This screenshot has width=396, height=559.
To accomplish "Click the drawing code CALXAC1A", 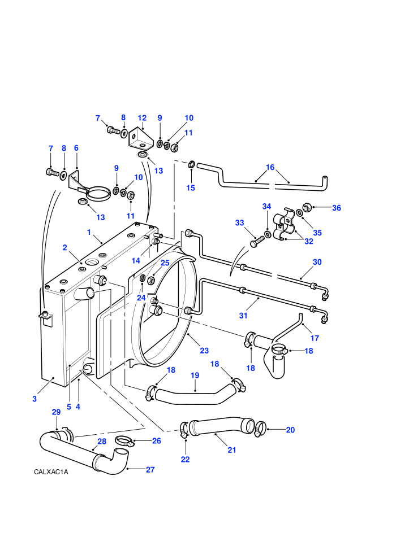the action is click(x=51, y=472).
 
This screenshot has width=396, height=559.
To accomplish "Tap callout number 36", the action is click(x=337, y=208).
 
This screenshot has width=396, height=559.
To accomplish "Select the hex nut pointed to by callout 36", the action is click(x=307, y=207).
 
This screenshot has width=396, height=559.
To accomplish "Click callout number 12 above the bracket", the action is click(x=142, y=118).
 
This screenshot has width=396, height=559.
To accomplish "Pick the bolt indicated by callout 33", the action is click(x=256, y=241).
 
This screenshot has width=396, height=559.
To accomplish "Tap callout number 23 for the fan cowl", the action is click(x=204, y=351).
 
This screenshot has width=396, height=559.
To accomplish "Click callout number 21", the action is click(x=232, y=450).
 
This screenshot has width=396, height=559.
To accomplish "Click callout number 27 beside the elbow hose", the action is click(x=150, y=470).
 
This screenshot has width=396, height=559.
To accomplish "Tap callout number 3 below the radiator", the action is click(x=35, y=399).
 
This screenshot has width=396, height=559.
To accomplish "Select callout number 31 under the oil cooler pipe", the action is click(x=243, y=316).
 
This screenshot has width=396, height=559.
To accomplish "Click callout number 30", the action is click(x=317, y=262).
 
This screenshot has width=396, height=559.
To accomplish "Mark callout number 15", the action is click(x=191, y=188).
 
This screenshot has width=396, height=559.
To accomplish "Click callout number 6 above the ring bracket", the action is click(x=76, y=148).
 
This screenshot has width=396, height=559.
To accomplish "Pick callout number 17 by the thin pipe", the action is click(x=315, y=338).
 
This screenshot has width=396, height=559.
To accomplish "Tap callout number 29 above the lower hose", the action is click(x=56, y=412).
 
